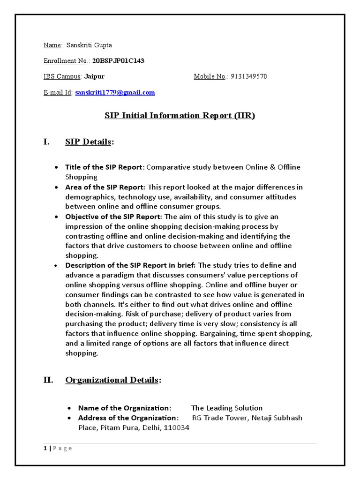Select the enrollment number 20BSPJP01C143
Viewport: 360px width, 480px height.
[121, 60]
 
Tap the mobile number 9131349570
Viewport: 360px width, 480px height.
[249, 76]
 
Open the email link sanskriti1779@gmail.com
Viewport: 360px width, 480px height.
[115, 92]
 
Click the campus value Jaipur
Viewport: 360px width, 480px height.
[94, 76]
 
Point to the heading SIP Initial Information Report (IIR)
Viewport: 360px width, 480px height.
[180, 116]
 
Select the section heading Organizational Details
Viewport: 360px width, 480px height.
[112, 380]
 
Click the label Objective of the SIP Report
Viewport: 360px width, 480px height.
[114, 217]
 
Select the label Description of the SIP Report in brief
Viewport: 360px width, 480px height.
[130, 265]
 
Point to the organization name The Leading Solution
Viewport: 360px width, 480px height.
[227, 408]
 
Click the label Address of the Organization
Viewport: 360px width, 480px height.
[128, 418]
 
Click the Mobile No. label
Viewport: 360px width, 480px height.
[210, 76]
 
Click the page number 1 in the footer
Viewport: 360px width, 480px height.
[45, 448]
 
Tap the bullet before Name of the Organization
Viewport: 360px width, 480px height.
[69, 408]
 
